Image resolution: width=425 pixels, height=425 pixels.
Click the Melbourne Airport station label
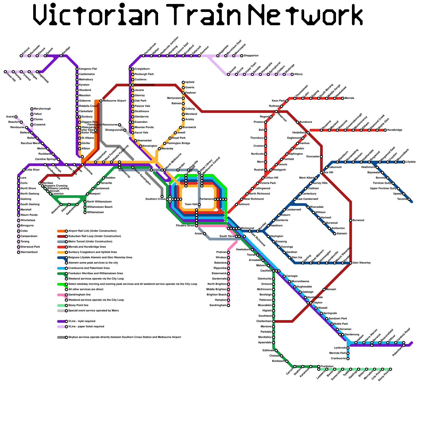tap(114, 101)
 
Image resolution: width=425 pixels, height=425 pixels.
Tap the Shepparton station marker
tap(242, 56)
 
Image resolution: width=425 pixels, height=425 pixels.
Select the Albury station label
tap(298, 74)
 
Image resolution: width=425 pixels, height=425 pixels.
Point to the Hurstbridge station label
tap(395, 130)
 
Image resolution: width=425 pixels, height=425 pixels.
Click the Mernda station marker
tap(343, 98)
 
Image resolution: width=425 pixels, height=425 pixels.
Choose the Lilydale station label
tap(411, 162)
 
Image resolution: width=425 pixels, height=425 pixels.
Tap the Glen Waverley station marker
tap(351, 263)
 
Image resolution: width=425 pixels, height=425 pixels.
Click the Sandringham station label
tap(218, 305)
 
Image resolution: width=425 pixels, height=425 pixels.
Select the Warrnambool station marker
tap(19, 252)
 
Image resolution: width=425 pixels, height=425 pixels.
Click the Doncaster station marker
tap(321, 157)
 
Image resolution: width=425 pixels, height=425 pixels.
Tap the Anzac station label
tap(198, 234)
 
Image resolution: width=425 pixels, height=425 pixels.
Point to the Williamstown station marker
tap(85, 212)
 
